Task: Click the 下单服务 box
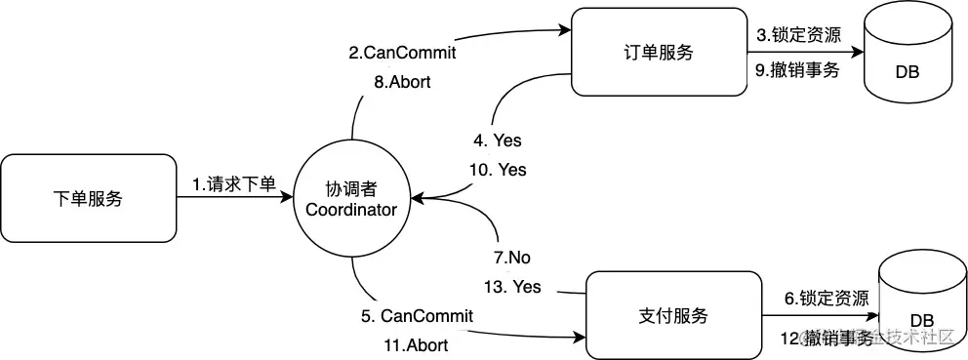pyautogui.click(x=87, y=198)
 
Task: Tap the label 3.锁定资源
pyautogui.click(x=797, y=36)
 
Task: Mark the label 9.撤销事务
pyautogui.click(x=797, y=70)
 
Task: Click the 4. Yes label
pyautogui.click(x=500, y=140)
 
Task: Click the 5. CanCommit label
pyautogui.click(x=418, y=316)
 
